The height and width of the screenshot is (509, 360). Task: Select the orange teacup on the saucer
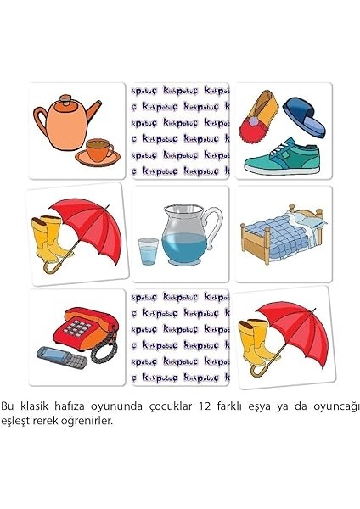pos(99,151)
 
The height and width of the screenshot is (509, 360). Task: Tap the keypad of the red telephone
pos(82,327)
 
